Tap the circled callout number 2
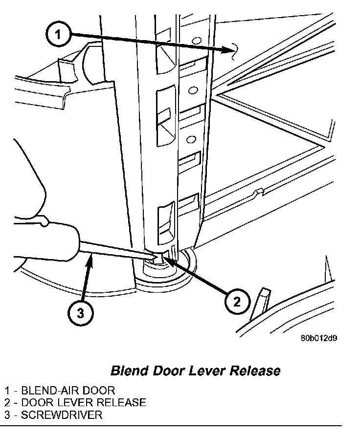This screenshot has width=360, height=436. (x=236, y=302)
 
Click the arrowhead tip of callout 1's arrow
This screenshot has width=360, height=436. (x=231, y=50)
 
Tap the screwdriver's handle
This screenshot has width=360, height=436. (x=44, y=240)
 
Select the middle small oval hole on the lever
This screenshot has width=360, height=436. (x=192, y=90)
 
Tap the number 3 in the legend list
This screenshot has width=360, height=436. (x=7, y=415)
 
